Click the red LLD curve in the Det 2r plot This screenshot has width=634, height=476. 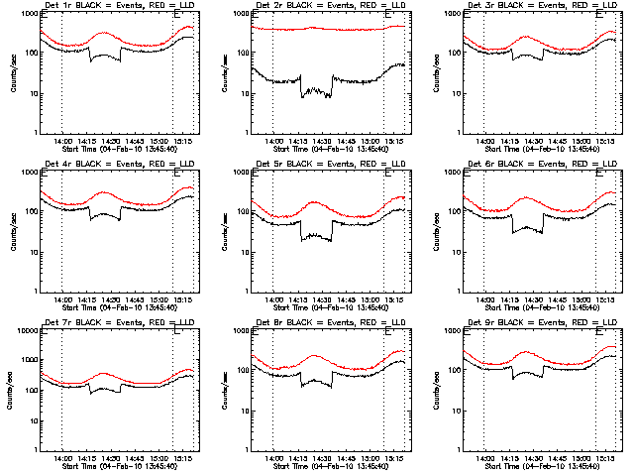point(327,29)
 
